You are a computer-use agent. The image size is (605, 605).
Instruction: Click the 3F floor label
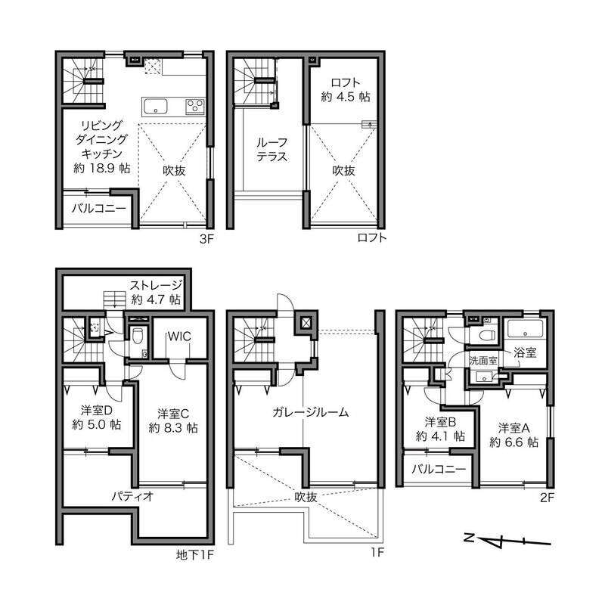pos(206,239)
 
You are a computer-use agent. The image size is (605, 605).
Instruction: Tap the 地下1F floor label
pos(194,555)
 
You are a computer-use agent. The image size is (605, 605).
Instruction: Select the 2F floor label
pos(547,498)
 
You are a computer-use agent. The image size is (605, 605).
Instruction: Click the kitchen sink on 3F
pos(155,107)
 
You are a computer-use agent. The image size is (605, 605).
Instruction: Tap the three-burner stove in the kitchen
pos(195,106)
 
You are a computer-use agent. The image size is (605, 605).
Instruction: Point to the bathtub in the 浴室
pos(525,329)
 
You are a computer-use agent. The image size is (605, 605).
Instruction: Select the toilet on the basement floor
pos(137,335)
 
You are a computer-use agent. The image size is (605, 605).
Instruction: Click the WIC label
pos(179,337)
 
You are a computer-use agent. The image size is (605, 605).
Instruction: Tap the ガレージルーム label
pos(310,412)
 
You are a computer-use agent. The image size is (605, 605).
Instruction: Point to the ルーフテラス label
pos(272,150)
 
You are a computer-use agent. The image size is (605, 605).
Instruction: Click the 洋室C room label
pos(173,414)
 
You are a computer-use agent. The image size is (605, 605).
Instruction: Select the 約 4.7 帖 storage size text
pos(156,299)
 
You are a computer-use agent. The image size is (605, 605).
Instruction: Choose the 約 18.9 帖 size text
pos(102,168)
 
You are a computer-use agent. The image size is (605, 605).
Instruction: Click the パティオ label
pos(133,496)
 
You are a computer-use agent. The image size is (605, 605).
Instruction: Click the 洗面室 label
pos(483,361)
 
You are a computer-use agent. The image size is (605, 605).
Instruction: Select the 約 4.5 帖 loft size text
pos(346,97)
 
